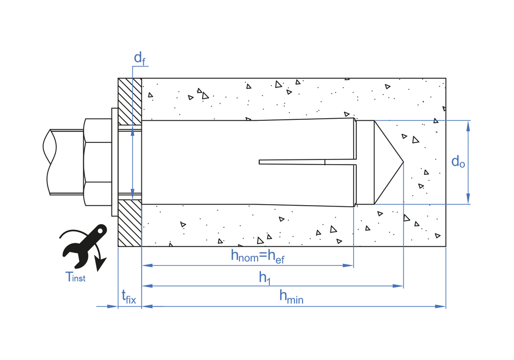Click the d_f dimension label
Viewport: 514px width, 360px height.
tap(139, 59)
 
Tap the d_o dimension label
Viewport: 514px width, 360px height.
tap(458, 161)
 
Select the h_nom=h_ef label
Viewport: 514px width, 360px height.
tap(258, 256)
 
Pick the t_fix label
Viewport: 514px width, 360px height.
tap(128, 296)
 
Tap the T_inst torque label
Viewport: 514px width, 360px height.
tap(76, 277)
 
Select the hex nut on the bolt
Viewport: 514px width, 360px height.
tap(97, 162)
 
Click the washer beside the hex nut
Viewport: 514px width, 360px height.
tap(115, 162)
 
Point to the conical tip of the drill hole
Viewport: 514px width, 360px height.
tap(389, 162)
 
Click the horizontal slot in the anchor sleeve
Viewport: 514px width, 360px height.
tap(293, 162)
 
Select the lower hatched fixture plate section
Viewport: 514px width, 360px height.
tap(130, 223)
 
